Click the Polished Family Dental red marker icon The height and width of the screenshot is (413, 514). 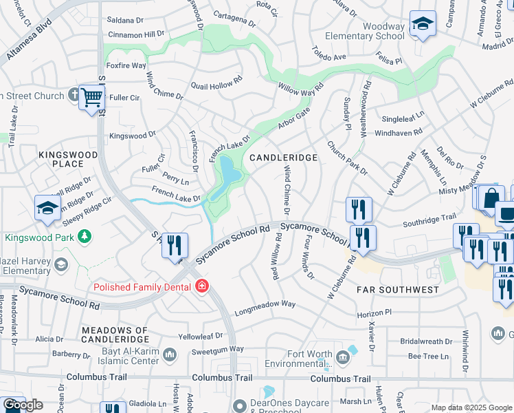coord(201,285)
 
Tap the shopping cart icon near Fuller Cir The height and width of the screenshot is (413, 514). coord(91,98)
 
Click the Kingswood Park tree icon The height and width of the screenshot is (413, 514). coord(85,237)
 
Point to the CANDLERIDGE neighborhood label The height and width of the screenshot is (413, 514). coord(283,158)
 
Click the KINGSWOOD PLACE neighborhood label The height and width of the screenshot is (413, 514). coord(71,158)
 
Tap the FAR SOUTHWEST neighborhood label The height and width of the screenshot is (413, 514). coord(397,290)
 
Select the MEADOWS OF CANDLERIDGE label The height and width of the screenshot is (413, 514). coord(115,335)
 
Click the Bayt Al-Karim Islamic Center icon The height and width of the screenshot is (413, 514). coord(169,354)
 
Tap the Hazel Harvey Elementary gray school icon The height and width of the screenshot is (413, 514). coord(61,265)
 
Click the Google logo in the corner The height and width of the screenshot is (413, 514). coord(23,405)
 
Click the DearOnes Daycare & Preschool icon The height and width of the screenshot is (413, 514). coord(239,406)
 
